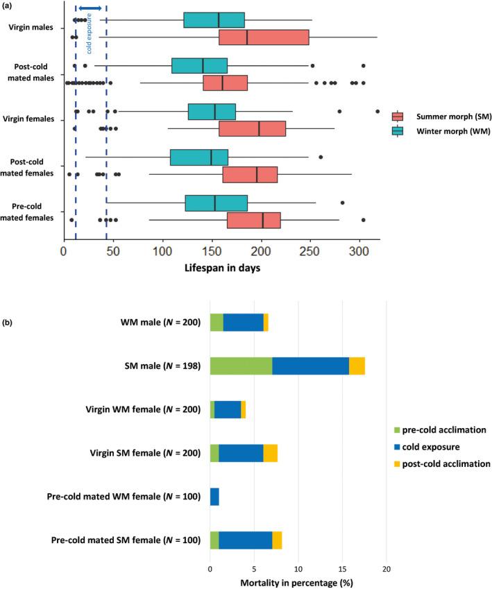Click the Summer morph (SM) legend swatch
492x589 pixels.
398,117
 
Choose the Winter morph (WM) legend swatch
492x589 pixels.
398,130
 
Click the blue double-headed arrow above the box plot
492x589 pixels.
90,8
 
